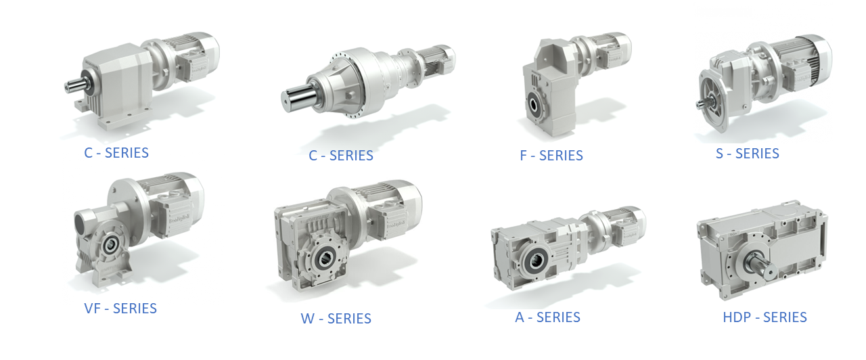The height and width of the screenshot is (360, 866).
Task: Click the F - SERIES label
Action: coord(551,156)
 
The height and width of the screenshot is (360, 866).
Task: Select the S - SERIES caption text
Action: coord(748,154)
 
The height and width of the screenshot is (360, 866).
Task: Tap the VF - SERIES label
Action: coord(120,309)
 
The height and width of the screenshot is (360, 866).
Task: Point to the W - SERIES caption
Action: coord(336,319)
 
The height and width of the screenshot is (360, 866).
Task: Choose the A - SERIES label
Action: coord(547,317)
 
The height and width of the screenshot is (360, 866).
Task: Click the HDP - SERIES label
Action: coord(765,317)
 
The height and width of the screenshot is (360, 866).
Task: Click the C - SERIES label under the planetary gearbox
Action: coord(340,156)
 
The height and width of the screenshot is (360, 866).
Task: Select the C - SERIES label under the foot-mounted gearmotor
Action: coord(116,153)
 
